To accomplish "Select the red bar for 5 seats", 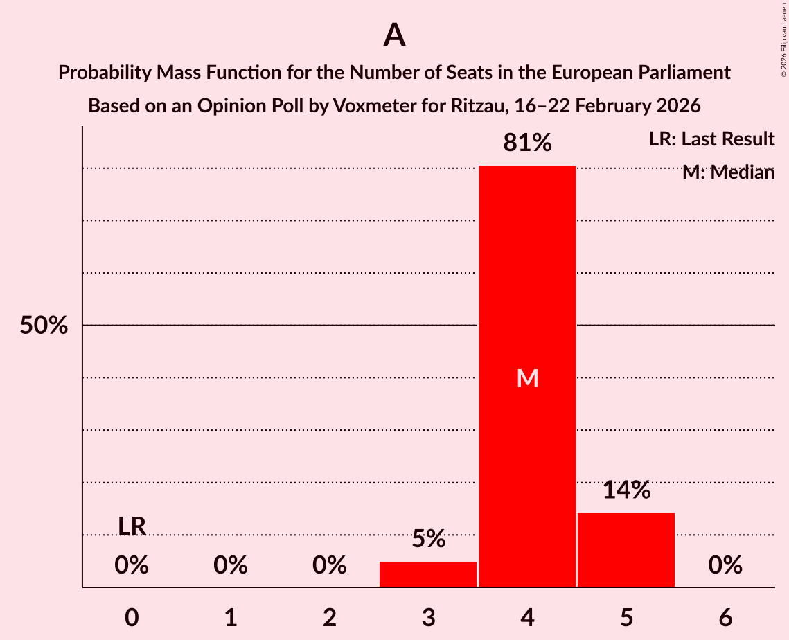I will coord(626,550).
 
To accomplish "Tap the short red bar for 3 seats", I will coord(428,574).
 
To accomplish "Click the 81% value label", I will coord(527,143).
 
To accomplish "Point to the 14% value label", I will coord(626,490).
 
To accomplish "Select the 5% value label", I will coord(428,539).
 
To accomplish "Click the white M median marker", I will coord(527,378).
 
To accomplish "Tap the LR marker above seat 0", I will coord(132,526).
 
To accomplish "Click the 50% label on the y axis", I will coord(44,326).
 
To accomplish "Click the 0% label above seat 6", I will coord(725,566).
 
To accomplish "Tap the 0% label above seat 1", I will coord(231,566).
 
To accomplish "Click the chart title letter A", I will coord(394,35).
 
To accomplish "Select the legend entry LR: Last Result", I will coord(711,139).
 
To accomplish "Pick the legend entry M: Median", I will coord(728,172).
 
